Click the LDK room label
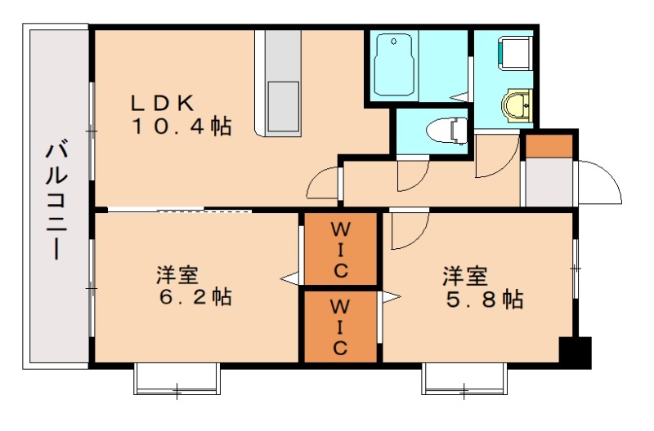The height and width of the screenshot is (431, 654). click(163, 104)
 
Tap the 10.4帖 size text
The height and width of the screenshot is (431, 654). click(181, 127)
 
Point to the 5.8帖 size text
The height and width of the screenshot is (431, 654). click(485, 299)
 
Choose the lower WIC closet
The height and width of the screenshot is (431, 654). click(340, 326)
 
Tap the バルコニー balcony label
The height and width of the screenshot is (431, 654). click(56, 201)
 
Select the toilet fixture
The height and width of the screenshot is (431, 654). click(445, 129)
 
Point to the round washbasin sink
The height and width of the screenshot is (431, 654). click(517, 104)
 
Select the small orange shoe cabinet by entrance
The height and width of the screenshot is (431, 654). click(548, 145)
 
